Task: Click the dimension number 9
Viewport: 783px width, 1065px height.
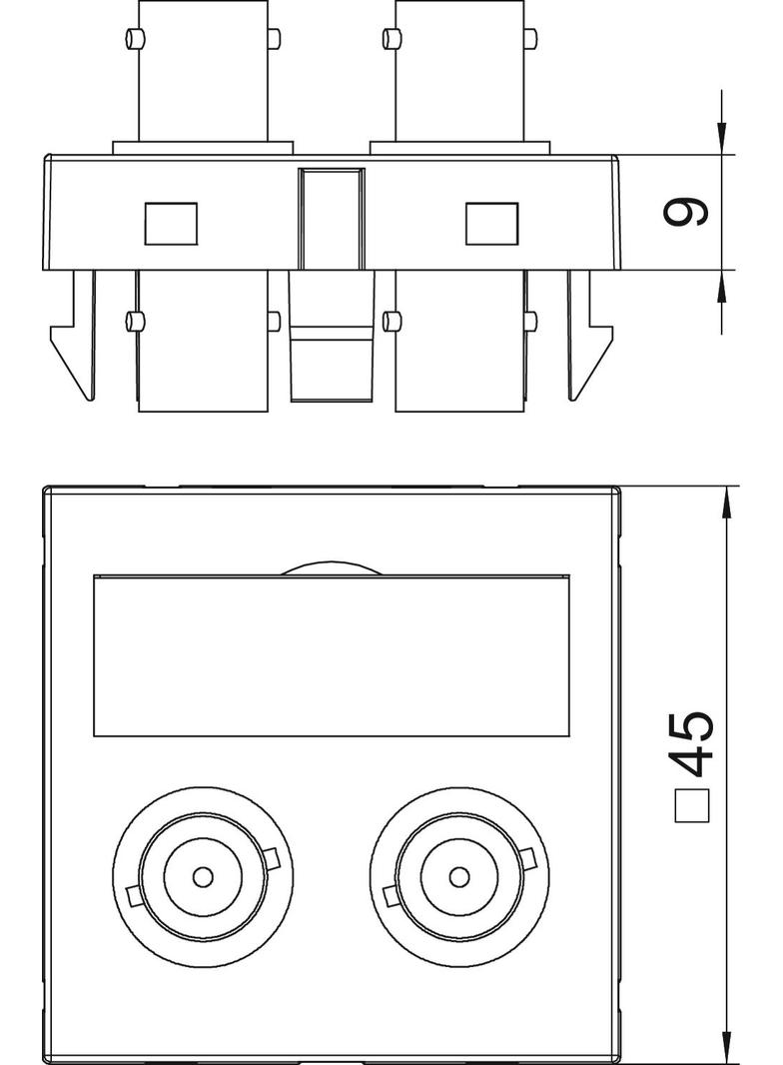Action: coord(685,213)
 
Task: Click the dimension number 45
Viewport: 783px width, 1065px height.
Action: coord(692,743)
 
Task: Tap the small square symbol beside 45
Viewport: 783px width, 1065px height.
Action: coord(693,805)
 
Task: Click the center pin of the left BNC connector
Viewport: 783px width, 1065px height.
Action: coord(203,877)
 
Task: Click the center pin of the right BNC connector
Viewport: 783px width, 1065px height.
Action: coord(459,877)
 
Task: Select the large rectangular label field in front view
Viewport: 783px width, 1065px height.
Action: coord(332,656)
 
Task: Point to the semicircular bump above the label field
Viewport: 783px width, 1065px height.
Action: coord(332,568)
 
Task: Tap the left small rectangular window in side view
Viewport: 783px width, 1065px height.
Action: coord(171,224)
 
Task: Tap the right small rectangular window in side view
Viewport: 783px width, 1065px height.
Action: coord(491,224)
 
